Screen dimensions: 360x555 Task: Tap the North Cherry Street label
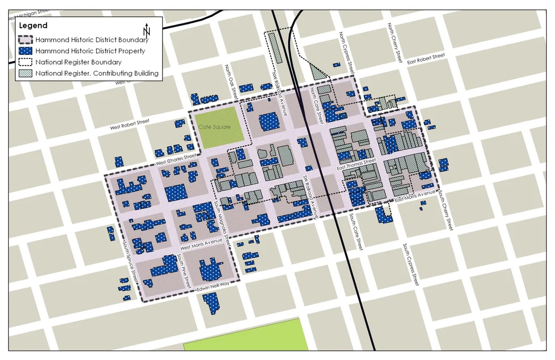(394, 42)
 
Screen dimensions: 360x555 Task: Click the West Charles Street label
(176, 159)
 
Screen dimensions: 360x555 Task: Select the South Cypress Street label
(411, 264)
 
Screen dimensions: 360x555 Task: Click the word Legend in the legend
(33, 26)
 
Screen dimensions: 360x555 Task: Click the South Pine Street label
(183, 270)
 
